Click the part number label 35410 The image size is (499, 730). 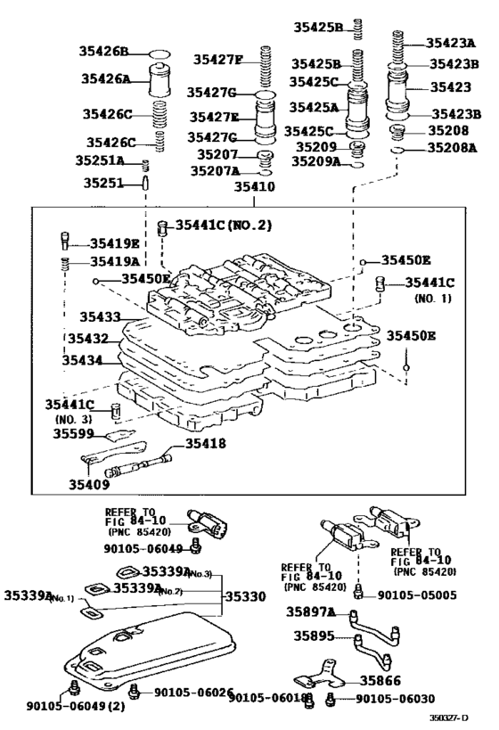pos(254,188)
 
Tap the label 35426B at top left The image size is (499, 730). pos(105,52)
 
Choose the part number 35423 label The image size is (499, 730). pos(450,87)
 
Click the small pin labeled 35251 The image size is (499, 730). pos(143,182)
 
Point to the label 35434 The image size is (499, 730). pos(85,361)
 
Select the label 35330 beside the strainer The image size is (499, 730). pos(245,595)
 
